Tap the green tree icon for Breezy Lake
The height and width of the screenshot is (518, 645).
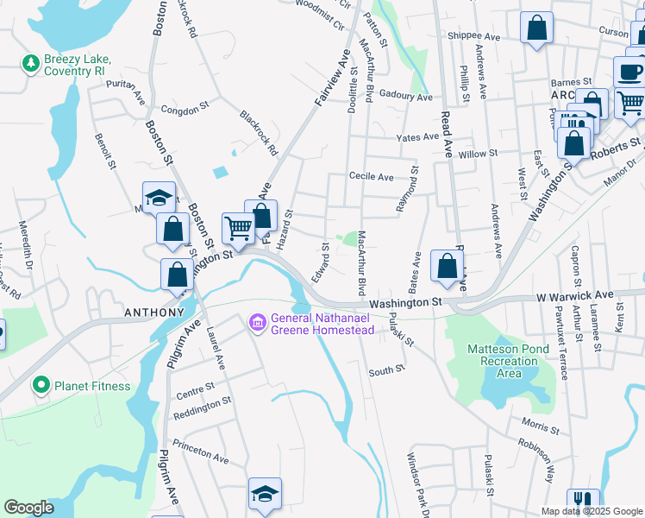pyautogui.click(x=30, y=63)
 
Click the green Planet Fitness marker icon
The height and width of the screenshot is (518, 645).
pyautogui.click(x=40, y=385)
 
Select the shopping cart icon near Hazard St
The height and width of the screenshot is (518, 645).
pyautogui.click(x=238, y=227)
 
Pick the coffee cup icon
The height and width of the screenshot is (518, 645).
pyautogui.click(x=630, y=71)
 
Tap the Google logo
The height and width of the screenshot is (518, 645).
pyautogui.click(x=28, y=508)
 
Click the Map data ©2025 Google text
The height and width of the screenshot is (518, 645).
pyautogui.click(x=592, y=511)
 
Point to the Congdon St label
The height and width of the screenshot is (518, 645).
pyautogui.click(x=185, y=110)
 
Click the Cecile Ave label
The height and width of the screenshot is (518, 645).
pyautogui.click(x=371, y=176)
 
